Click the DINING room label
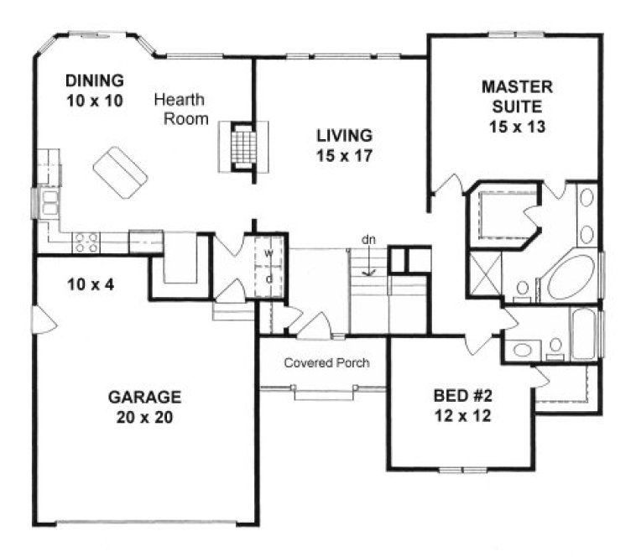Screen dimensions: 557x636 (x=95, y=81)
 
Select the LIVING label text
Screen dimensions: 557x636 (x=344, y=135)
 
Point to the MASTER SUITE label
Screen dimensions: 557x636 (x=517, y=96)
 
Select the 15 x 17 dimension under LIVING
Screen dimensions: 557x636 (x=344, y=155)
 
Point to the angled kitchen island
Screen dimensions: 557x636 (x=120, y=172)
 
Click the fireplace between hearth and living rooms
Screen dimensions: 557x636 (x=242, y=146)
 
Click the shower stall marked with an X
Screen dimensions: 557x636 (x=485, y=275)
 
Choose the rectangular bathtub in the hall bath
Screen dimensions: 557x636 (x=584, y=334)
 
